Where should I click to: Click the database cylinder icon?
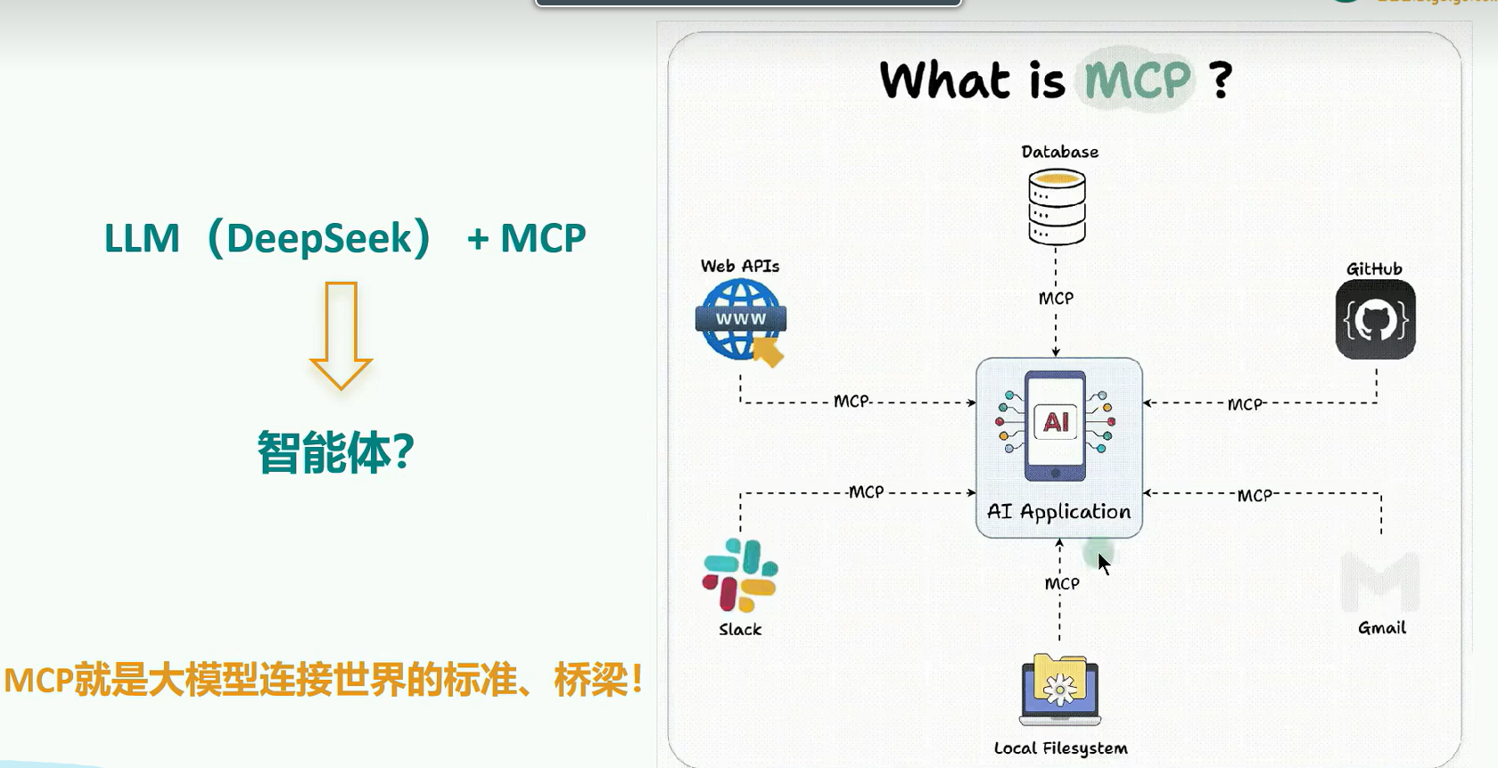[x=1057, y=207]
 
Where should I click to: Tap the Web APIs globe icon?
[x=740, y=319]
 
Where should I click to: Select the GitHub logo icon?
[x=1375, y=319]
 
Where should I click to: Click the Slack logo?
[x=740, y=575]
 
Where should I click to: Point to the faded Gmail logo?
[x=1379, y=582]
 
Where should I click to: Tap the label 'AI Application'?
[x=1058, y=512]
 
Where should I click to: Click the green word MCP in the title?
[x=1137, y=80]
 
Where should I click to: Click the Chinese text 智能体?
[x=335, y=452]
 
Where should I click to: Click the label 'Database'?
[x=1059, y=152]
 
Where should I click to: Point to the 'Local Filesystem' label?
[x=1060, y=748]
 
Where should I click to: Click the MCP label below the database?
[x=1056, y=299]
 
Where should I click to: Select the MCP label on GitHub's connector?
[x=1245, y=404]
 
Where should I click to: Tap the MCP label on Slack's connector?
[x=866, y=491]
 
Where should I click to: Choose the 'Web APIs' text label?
[x=740, y=266]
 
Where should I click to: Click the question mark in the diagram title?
[x=1221, y=80]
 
